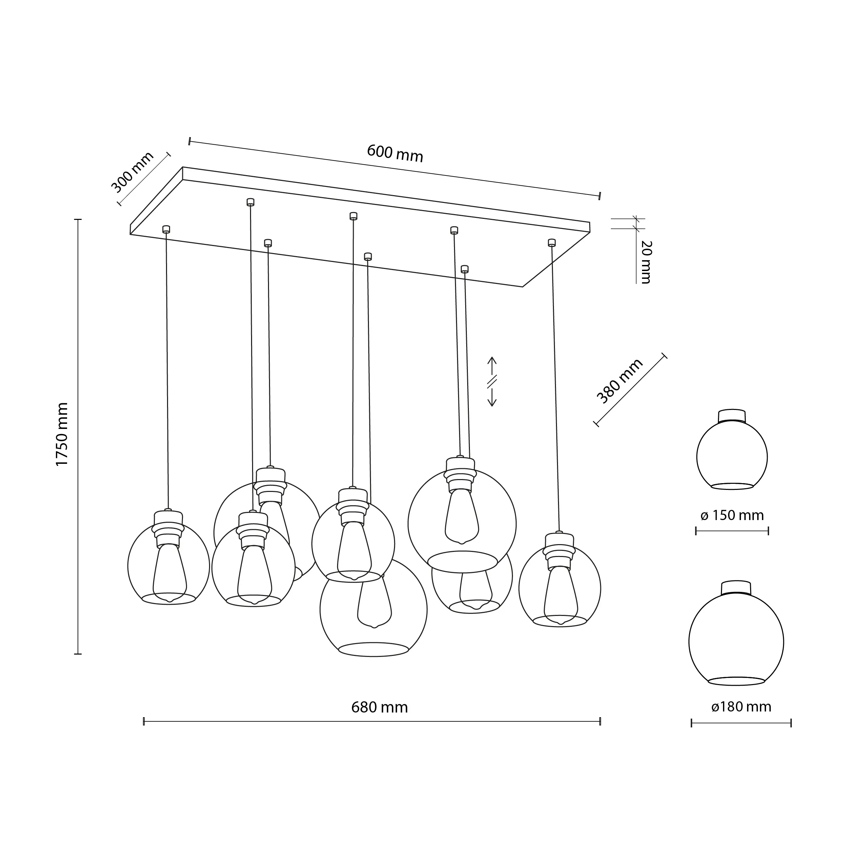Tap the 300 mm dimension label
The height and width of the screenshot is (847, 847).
[132, 172]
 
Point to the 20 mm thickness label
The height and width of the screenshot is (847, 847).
[646, 262]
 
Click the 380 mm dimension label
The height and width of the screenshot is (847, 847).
[619, 381]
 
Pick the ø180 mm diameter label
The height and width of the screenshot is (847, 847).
[741, 707]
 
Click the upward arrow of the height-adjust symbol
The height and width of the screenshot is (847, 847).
[492, 363]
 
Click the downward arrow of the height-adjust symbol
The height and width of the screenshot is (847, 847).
[492, 400]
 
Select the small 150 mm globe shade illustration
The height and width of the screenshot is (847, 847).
[732, 456]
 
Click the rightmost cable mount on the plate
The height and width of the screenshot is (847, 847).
[552, 243]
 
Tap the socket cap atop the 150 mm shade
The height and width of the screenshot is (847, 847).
[732, 415]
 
